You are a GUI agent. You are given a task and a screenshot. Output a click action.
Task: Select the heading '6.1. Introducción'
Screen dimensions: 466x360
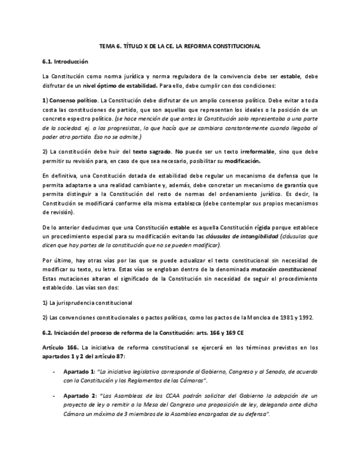[65, 62]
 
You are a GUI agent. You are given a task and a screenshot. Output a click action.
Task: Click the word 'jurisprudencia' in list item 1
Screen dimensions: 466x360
[76, 303]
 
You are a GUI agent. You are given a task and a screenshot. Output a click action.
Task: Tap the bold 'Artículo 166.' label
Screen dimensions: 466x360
[60, 347]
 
